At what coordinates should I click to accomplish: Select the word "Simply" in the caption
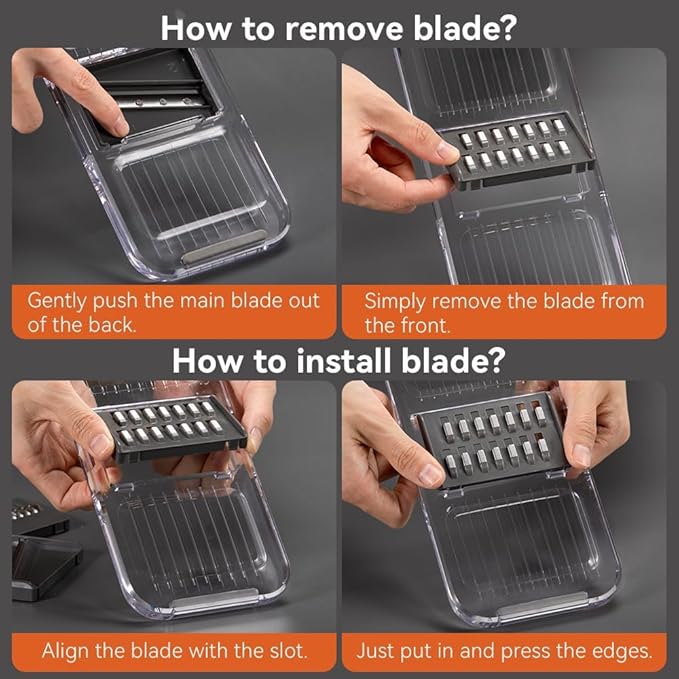point(394,302)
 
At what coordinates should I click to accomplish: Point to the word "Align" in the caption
point(65,650)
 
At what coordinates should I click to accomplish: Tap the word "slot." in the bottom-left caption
point(285,650)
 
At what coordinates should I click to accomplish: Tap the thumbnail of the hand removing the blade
point(447,150)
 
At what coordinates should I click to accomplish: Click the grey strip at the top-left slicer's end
point(224,247)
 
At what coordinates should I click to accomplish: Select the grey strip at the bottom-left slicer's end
point(213,599)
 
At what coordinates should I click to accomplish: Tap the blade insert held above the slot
point(171,428)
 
